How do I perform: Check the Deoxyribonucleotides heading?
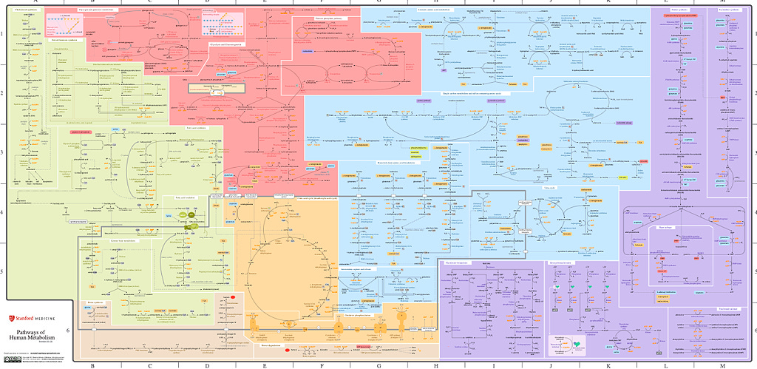click(562, 261)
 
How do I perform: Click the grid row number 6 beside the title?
click(68, 331)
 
